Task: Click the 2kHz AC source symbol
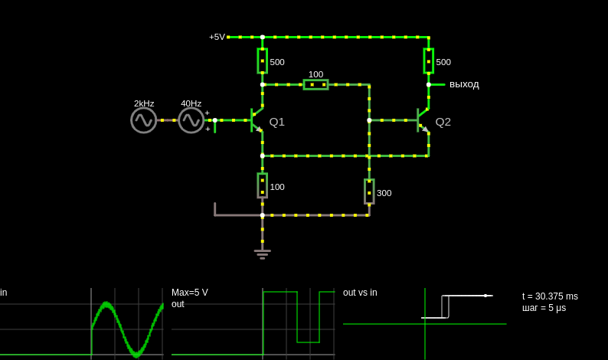(144, 120)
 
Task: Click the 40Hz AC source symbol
(191, 120)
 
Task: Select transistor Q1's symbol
(256, 120)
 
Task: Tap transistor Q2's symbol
(422, 120)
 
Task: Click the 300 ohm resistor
(369, 191)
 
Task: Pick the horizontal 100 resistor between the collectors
(315, 84)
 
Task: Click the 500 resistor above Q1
(263, 61)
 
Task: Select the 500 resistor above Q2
(429, 61)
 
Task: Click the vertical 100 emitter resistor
(263, 185)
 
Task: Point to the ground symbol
(263, 254)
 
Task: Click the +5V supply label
(217, 37)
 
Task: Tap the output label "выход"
(464, 84)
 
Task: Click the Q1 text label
(277, 123)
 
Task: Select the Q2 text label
(443, 123)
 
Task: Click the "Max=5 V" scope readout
(190, 293)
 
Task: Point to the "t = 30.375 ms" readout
(550, 296)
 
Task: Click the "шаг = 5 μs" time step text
(544, 308)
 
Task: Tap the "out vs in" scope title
(360, 293)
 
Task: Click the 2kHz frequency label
(144, 103)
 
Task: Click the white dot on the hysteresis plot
(485, 296)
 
